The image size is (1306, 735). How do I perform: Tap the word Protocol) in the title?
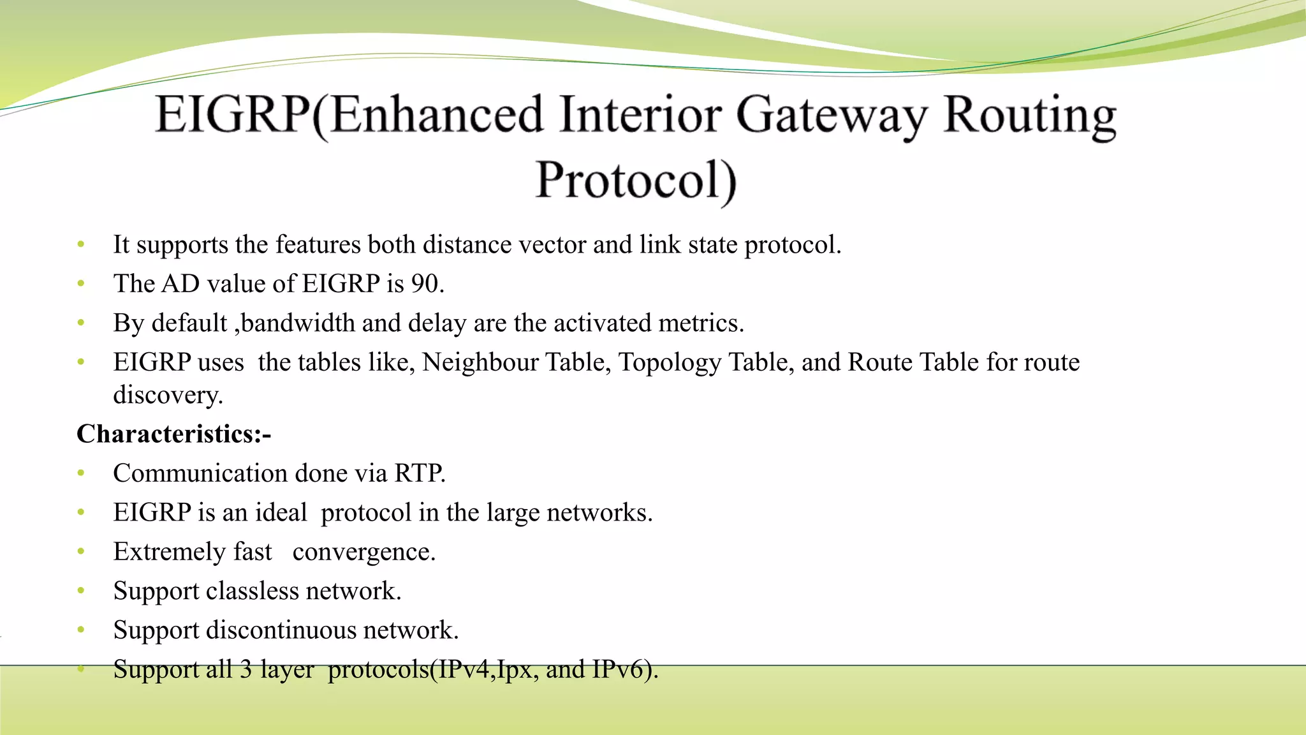636,181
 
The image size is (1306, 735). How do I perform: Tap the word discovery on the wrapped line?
167,395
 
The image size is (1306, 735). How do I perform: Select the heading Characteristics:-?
174,434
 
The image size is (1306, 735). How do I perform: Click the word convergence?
363,552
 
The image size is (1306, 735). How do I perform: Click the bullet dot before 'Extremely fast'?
81,552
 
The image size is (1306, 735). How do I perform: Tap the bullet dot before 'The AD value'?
81,284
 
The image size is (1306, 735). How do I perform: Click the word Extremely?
169,552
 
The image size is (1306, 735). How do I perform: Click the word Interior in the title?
640,116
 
